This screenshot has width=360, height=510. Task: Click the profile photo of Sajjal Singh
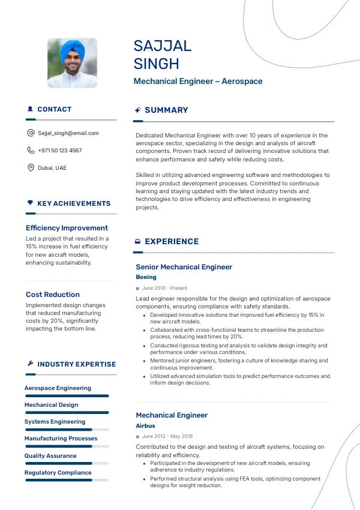pyautogui.click(x=72, y=64)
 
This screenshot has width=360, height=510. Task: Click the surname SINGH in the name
pyautogui.click(x=156, y=64)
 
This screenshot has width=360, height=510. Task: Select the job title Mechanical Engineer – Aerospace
pyautogui.click(x=198, y=81)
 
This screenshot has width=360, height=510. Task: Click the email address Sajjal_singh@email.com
pyautogui.click(x=68, y=133)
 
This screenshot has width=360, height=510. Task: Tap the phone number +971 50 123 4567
pyautogui.click(x=60, y=151)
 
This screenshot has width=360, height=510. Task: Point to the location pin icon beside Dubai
pyautogui.click(x=31, y=167)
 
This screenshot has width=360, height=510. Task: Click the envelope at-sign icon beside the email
pyautogui.click(x=31, y=133)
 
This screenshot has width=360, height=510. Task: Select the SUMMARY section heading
pyautogui.click(x=166, y=110)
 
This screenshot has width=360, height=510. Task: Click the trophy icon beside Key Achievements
pyautogui.click(x=30, y=203)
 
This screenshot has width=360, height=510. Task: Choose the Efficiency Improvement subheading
pyautogui.click(x=67, y=228)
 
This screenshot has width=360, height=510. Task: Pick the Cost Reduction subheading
pyautogui.click(x=53, y=295)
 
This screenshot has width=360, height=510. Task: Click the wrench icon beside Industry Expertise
pyautogui.click(x=30, y=364)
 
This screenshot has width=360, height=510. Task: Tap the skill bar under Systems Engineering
pyautogui.click(x=66, y=430)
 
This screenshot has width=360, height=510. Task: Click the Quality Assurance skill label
pyautogui.click(x=50, y=456)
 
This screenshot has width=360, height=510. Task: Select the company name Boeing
pyautogui.click(x=146, y=277)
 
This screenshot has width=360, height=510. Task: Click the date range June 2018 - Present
pyautogui.click(x=164, y=289)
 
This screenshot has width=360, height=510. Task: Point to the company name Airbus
pyautogui.click(x=145, y=426)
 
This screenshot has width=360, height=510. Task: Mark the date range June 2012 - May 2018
pyautogui.click(x=167, y=437)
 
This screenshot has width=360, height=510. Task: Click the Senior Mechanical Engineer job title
pyautogui.click(x=184, y=267)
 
